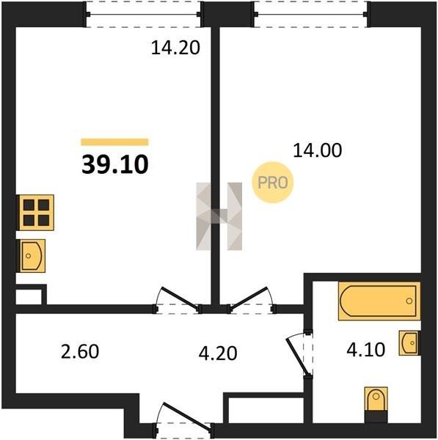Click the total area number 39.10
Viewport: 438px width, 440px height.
pyautogui.click(x=115, y=165)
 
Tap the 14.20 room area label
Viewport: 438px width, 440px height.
pyautogui.click(x=175, y=48)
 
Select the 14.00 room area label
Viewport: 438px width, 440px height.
pyautogui.click(x=317, y=150)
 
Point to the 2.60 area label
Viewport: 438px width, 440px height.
pyautogui.click(x=80, y=351)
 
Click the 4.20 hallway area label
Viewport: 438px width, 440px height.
pyautogui.click(x=218, y=353)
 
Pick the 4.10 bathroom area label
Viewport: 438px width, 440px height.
pyautogui.click(x=365, y=350)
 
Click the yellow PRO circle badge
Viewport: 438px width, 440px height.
pyautogui.click(x=273, y=183)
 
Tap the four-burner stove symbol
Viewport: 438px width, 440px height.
pyautogui.click(x=36, y=213)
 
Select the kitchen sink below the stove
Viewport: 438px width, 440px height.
pyautogui.click(x=32, y=256)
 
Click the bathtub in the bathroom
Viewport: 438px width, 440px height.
pyautogui.click(x=379, y=301)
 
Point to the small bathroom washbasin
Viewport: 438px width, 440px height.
pyautogui.click(x=409, y=343)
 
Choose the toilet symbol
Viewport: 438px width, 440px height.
pyautogui.click(x=376, y=404)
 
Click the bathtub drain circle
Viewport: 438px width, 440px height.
pyautogui.click(x=409, y=301)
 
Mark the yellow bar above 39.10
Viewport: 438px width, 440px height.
pyautogui.click(x=115, y=142)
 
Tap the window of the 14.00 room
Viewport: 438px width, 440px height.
pyautogui.click(x=310, y=15)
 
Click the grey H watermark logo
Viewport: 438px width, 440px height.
pyautogui.click(x=219, y=216)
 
